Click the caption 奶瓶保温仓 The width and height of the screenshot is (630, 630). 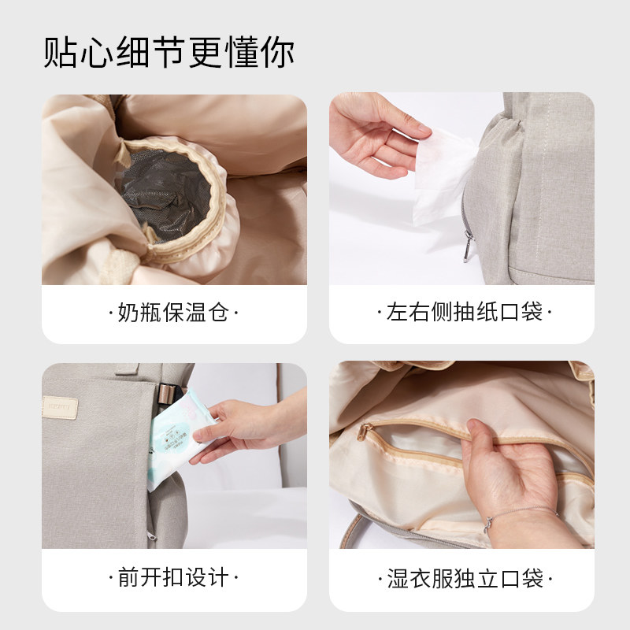point(173,313)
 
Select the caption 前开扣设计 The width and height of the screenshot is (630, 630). point(173,579)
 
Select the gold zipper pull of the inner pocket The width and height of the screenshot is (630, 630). point(365,432)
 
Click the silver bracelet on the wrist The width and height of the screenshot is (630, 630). point(492,522)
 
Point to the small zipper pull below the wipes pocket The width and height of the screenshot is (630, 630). point(152,536)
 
